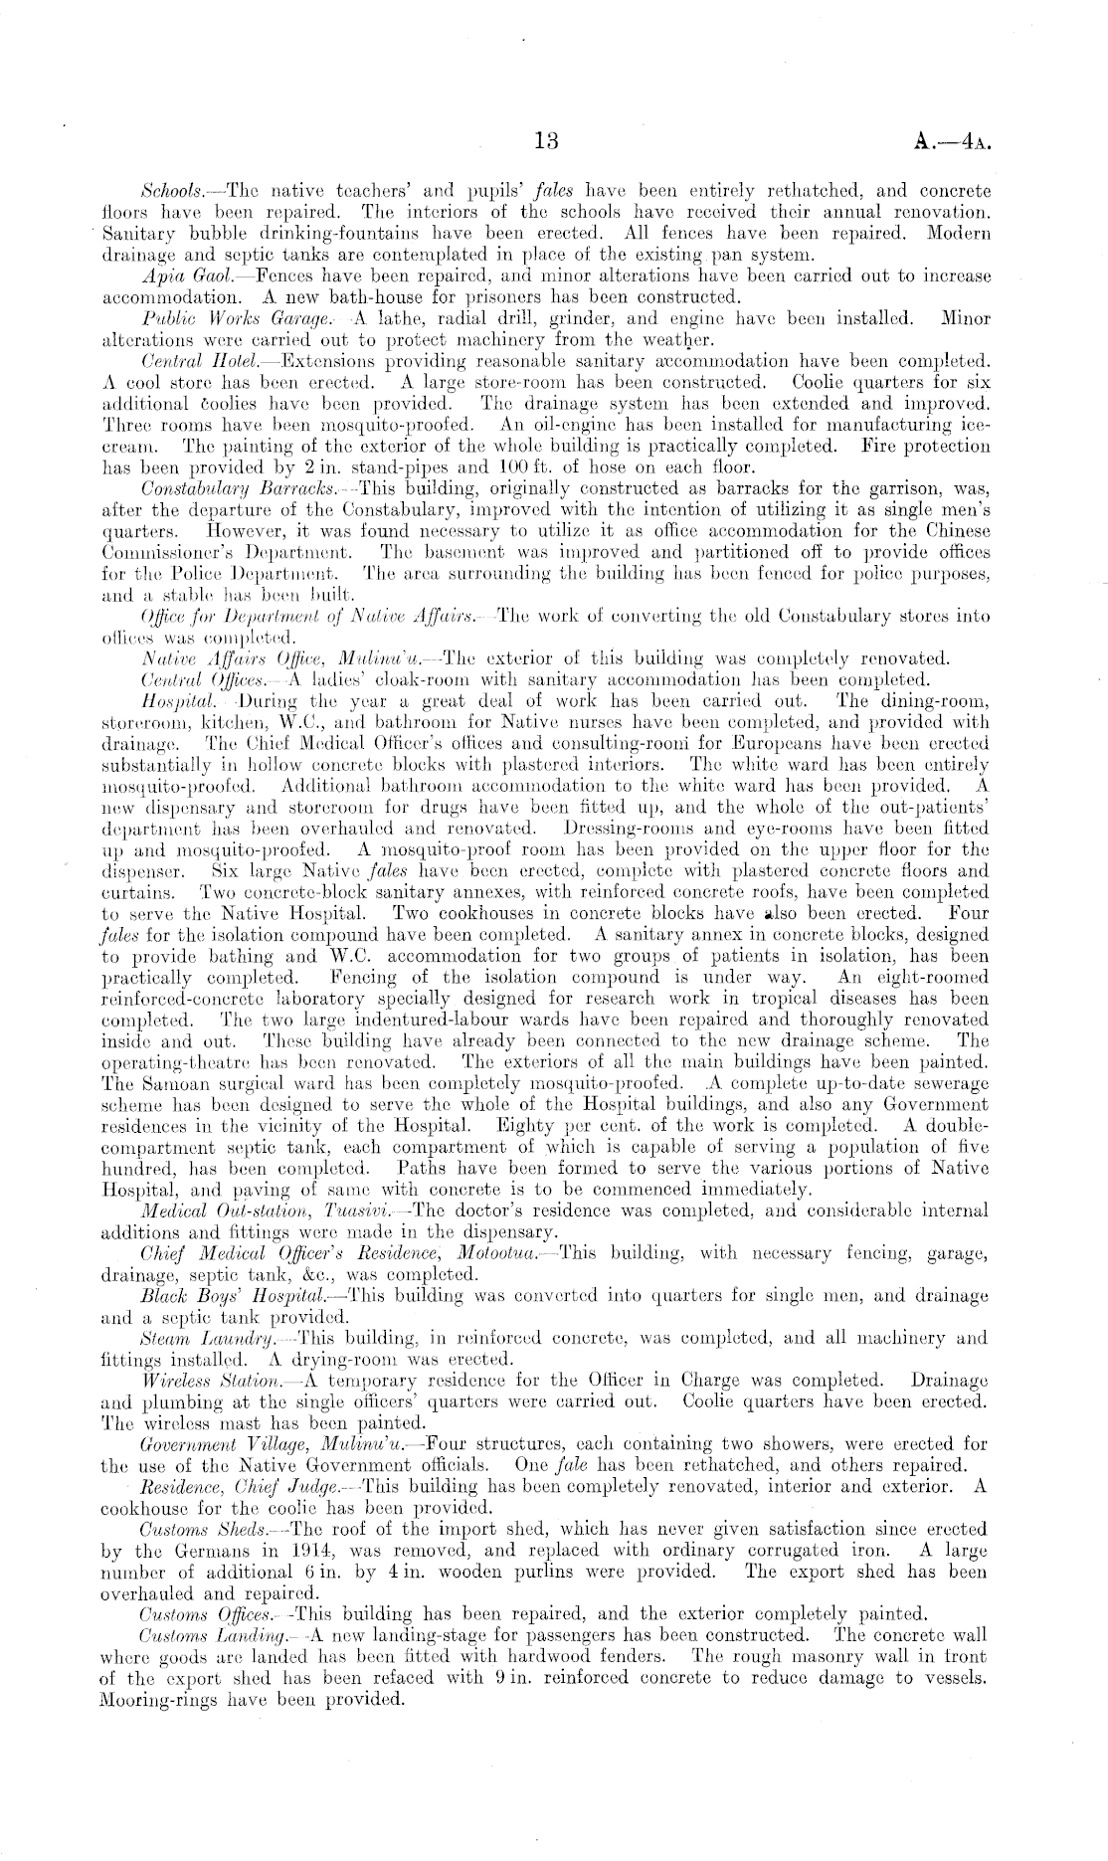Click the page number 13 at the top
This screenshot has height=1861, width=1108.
(x=546, y=141)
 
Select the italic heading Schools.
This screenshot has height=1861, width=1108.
(x=171, y=190)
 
